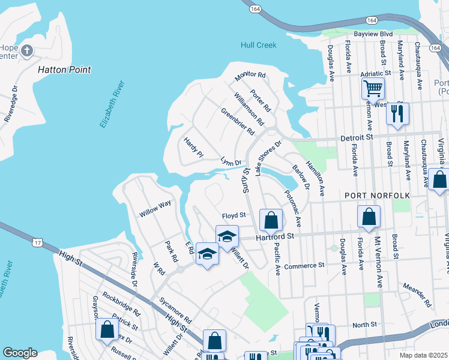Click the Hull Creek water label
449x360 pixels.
click(258, 45)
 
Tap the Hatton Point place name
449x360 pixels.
click(64, 70)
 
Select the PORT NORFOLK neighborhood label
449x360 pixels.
click(376, 196)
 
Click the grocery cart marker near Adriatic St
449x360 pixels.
click(373, 89)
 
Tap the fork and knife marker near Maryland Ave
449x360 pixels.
click(397, 113)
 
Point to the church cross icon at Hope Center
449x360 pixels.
click(26, 52)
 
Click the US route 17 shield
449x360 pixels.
click(38, 242)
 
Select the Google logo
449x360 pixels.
click(20, 352)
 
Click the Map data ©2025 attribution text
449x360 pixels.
click(423, 355)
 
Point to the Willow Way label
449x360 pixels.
click(155, 208)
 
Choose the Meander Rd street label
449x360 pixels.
click(417, 295)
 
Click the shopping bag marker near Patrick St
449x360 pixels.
click(107, 329)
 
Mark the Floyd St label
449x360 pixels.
click(234, 215)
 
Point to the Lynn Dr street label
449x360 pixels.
click(231, 163)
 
